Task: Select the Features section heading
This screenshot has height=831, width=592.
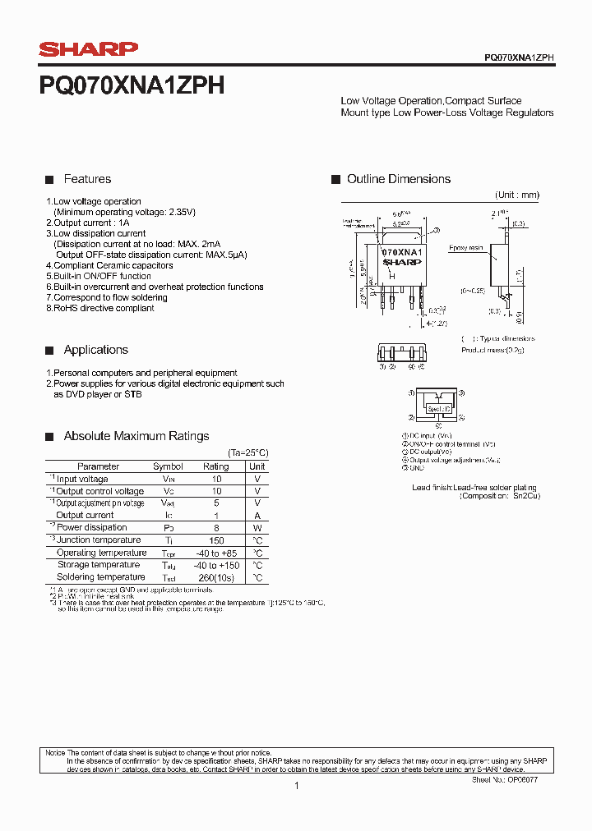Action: pyautogui.click(x=87, y=179)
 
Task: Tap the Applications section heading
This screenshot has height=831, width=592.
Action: pyautogui.click(x=95, y=350)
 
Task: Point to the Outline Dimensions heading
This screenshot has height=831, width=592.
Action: pyautogui.click(x=398, y=179)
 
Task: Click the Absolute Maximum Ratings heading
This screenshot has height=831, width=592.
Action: pyautogui.click(x=136, y=436)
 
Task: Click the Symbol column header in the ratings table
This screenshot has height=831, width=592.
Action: pyautogui.click(x=168, y=466)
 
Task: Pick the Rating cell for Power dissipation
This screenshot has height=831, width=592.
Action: pyautogui.click(x=216, y=527)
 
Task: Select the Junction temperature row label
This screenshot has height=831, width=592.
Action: pyautogui.click(x=98, y=539)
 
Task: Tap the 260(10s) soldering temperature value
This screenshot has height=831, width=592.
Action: pyautogui.click(x=216, y=577)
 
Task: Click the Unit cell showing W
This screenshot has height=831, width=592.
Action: pyautogui.click(x=257, y=527)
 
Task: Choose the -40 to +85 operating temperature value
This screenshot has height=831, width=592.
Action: pyautogui.click(x=216, y=553)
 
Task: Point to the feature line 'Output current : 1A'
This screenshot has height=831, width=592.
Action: pyautogui.click(x=88, y=223)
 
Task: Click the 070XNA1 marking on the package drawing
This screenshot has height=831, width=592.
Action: pyautogui.click(x=402, y=252)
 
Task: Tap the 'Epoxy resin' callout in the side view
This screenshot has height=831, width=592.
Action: pyautogui.click(x=465, y=247)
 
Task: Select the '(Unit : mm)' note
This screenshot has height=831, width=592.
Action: pyautogui.click(x=517, y=195)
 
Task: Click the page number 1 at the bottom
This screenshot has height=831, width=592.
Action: pyautogui.click(x=296, y=786)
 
